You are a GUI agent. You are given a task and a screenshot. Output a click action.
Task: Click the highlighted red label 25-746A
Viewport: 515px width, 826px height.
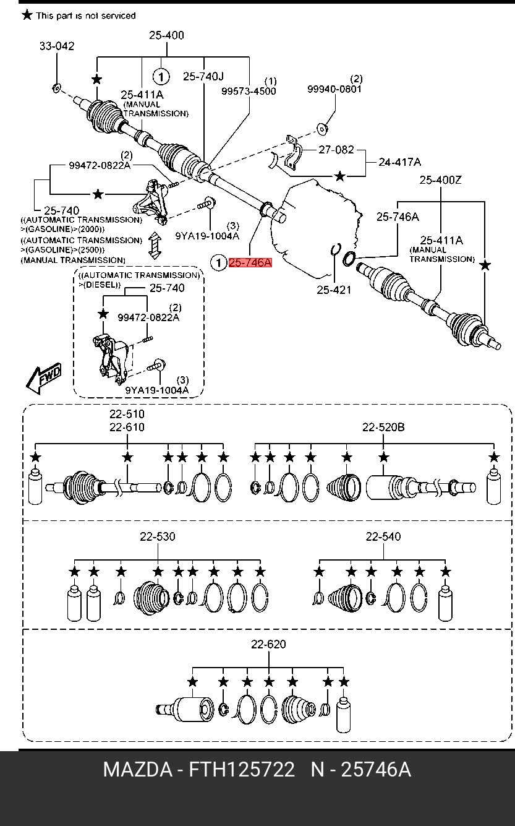click(x=250, y=263)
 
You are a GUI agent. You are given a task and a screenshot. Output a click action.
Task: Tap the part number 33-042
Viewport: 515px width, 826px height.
click(x=57, y=46)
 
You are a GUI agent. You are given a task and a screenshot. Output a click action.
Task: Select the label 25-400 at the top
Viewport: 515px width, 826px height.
click(x=166, y=36)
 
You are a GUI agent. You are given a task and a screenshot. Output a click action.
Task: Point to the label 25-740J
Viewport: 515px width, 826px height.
click(x=203, y=77)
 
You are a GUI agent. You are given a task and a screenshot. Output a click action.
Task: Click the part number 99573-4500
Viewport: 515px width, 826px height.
click(x=249, y=91)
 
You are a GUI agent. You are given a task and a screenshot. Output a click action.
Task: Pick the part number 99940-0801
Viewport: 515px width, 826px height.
click(x=334, y=89)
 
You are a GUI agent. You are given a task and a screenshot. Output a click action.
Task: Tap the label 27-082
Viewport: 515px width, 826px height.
click(x=336, y=149)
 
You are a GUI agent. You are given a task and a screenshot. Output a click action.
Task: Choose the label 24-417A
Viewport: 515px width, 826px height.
click(x=399, y=162)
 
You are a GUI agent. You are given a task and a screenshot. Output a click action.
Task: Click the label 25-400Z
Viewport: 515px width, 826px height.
click(x=440, y=180)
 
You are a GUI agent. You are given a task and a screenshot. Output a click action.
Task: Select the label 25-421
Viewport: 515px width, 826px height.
click(x=334, y=290)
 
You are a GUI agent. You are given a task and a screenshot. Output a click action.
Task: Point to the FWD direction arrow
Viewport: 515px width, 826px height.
click(x=44, y=377)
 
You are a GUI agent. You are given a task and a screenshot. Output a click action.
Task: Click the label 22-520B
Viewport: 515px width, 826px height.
click(x=383, y=427)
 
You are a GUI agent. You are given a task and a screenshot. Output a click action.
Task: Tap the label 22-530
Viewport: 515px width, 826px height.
click(x=158, y=536)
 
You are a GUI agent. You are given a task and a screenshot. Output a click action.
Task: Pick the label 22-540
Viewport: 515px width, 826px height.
click(x=383, y=536)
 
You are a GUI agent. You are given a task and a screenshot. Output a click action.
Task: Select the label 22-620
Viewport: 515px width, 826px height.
click(x=268, y=644)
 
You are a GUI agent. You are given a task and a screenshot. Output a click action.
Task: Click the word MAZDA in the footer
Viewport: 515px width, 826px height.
click(x=137, y=770)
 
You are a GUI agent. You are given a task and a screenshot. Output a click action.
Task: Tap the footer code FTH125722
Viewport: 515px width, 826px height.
click(x=242, y=770)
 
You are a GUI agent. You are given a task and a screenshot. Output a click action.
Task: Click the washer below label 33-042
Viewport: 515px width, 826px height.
click(x=56, y=88)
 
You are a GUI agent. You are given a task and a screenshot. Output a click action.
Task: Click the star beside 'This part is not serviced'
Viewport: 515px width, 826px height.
click(x=27, y=14)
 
